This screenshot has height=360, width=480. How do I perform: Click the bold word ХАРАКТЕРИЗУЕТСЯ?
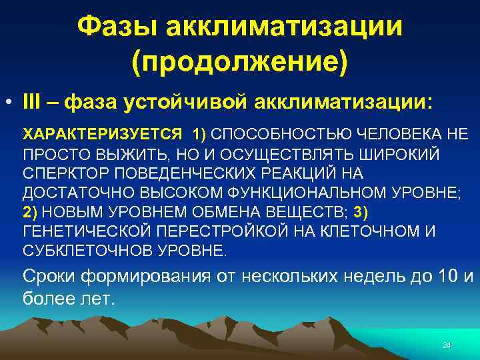tap(102, 133)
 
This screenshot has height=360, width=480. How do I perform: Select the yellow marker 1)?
tap(199, 133)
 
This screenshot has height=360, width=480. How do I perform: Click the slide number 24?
tap(447, 345)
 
